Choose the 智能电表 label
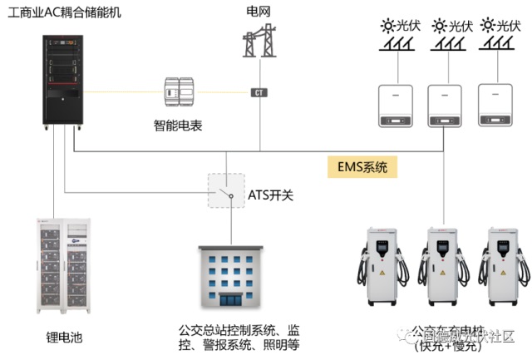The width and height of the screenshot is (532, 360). click(x=178, y=126)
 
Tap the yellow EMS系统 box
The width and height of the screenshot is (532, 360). click(x=362, y=167)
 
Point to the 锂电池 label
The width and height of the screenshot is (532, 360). click(x=64, y=338)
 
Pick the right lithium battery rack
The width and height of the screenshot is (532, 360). click(x=86, y=266)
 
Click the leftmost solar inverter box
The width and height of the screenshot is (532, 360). click(x=396, y=105)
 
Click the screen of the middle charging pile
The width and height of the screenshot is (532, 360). click(x=440, y=246)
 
